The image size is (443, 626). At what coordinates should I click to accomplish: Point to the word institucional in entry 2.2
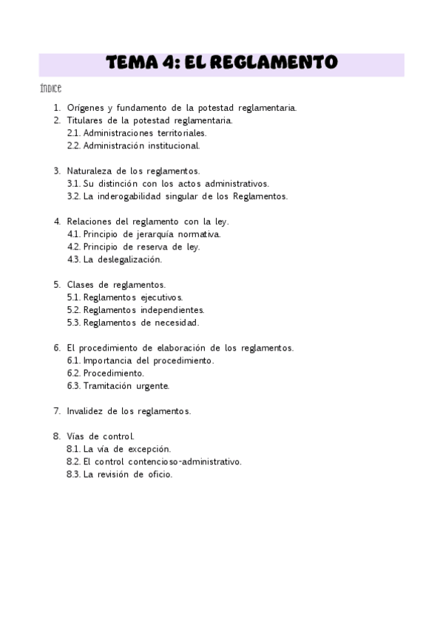tap(172, 145)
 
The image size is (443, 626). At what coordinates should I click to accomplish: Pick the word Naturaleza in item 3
tap(90, 171)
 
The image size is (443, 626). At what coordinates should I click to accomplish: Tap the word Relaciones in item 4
tap(90, 221)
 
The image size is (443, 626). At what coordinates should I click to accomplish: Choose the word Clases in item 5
tap(81, 284)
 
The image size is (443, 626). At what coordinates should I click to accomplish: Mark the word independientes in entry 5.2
tap(171, 310)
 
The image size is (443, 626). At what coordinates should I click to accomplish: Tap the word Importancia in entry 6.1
tap(109, 360)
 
